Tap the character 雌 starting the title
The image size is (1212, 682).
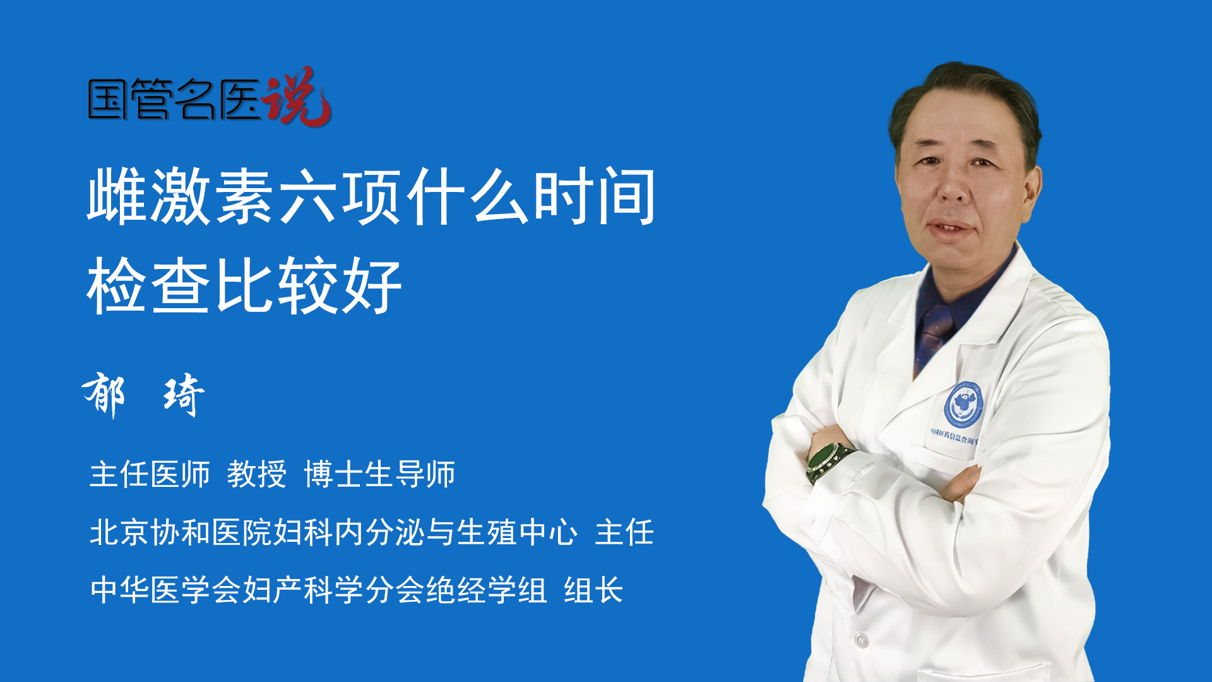coord(117,196)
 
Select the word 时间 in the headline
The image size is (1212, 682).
coord(595,196)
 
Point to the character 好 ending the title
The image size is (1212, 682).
coord(372,285)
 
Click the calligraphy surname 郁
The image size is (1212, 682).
coord(104,394)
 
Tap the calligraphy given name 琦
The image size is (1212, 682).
coord(184,395)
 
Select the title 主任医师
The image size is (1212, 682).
coord(150,474)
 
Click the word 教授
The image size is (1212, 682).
coord(257,474)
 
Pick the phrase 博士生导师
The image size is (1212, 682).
coord(379,474)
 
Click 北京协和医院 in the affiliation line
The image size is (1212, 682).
coord(181,532)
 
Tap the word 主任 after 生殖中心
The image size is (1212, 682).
coord(624,532)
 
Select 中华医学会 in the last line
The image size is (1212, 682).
coord(165,590)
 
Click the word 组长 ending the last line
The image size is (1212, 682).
coord(593,590)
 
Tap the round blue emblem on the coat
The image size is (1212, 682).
coord(963,405)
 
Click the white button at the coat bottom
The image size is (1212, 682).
coord(861,640)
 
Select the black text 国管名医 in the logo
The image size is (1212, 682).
coord(174,99)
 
